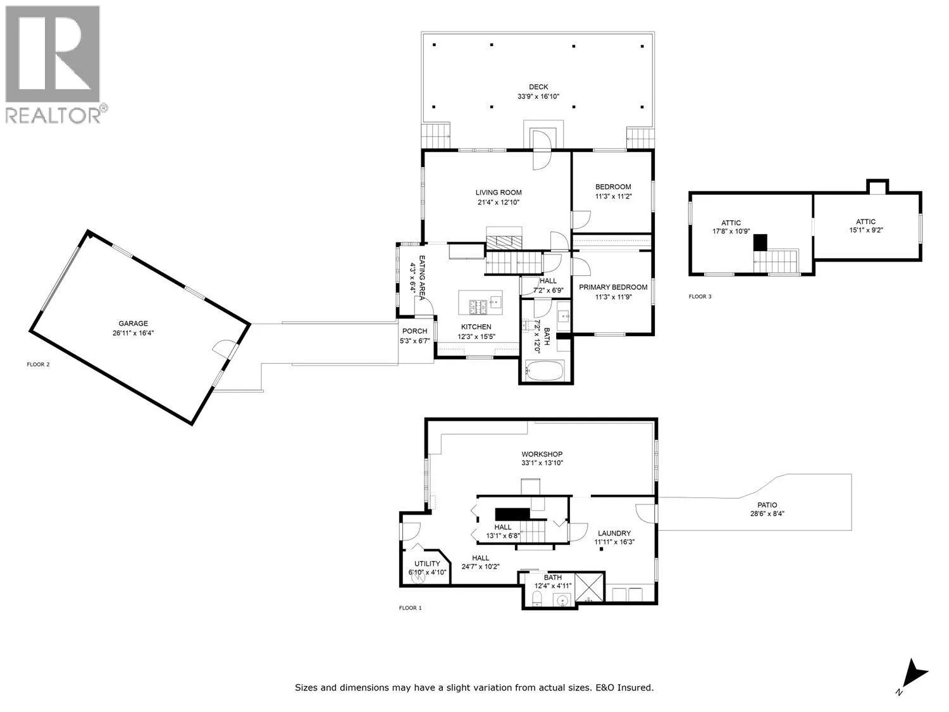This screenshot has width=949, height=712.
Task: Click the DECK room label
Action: [538, 87]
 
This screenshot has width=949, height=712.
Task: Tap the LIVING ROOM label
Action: [499, 192]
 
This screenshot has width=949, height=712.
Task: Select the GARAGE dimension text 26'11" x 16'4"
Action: [133, 333]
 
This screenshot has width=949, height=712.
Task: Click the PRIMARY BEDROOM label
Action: [613, 287]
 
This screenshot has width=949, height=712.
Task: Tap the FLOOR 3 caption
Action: [700, 297]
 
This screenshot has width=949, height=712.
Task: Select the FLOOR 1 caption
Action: [411, 608]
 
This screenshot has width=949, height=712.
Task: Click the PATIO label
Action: [767, 505]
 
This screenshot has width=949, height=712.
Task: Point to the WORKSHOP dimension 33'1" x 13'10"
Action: [542, 463]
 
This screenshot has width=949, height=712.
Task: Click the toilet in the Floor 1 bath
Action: [537, 599]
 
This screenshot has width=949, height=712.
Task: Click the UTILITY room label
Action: [427, 564]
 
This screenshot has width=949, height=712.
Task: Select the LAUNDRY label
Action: [614, 534]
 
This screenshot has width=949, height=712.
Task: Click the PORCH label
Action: [414, 331]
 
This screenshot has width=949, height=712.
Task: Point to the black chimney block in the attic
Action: [760, 242]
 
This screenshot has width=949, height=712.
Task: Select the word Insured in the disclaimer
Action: [635, 687]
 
